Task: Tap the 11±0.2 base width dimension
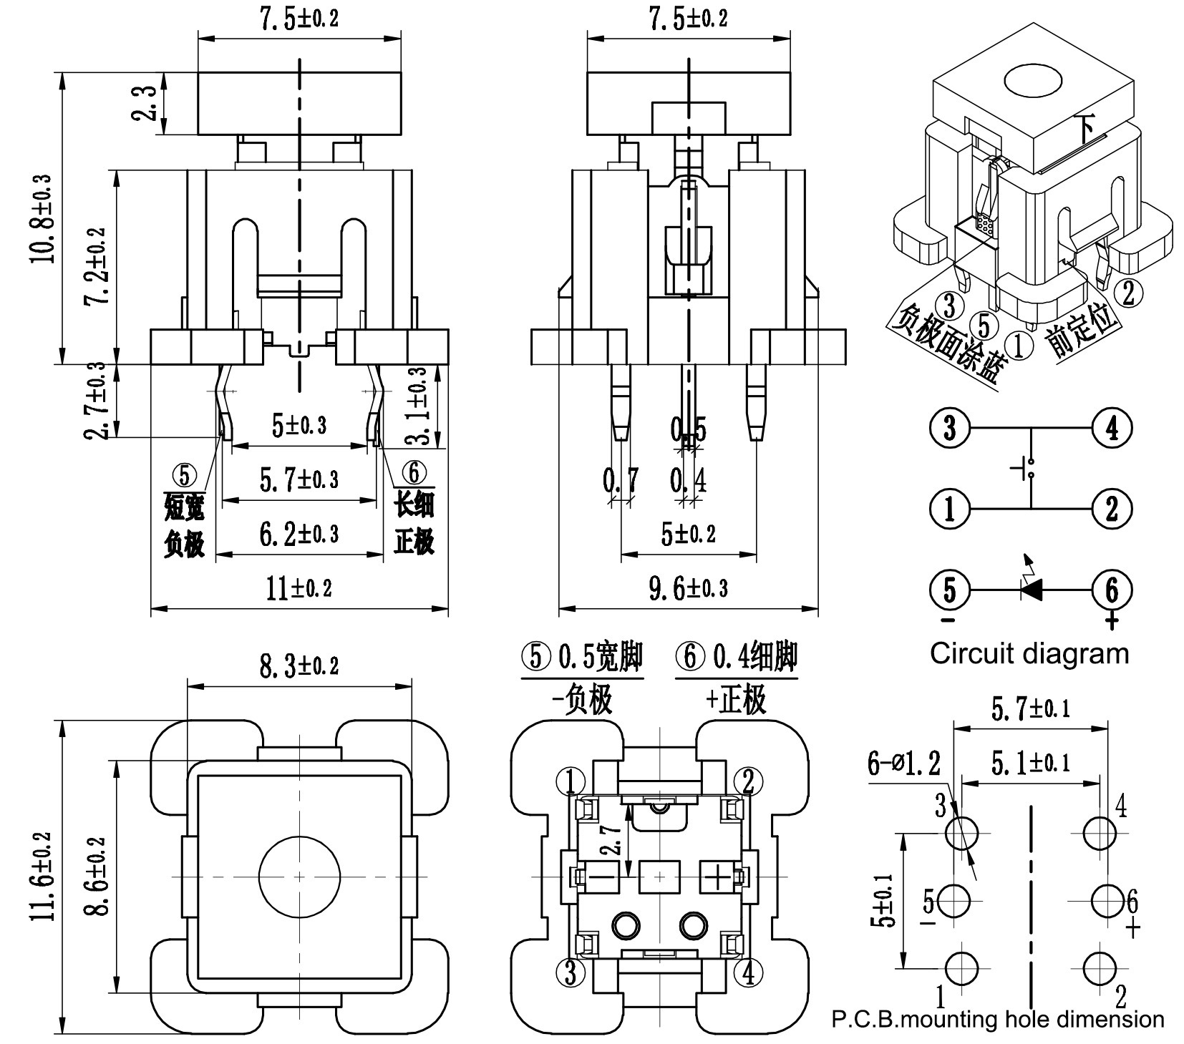pos(299,588)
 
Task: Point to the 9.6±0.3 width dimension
pos(688,588)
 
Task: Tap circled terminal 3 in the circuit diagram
pos(949,429)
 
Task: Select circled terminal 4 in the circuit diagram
pos(1112,429)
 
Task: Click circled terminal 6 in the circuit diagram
pos(1112,590)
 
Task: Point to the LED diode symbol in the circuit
pos(1032,589)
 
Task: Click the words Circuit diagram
pos(1029,653)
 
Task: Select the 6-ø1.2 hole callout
pos(904,764)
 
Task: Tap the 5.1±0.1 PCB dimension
pos(1031,763)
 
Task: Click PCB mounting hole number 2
pos(1100,967)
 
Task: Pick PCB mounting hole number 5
pos(953,901)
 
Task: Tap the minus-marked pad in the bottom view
pos(605,876)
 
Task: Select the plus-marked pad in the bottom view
pos(717,876)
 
